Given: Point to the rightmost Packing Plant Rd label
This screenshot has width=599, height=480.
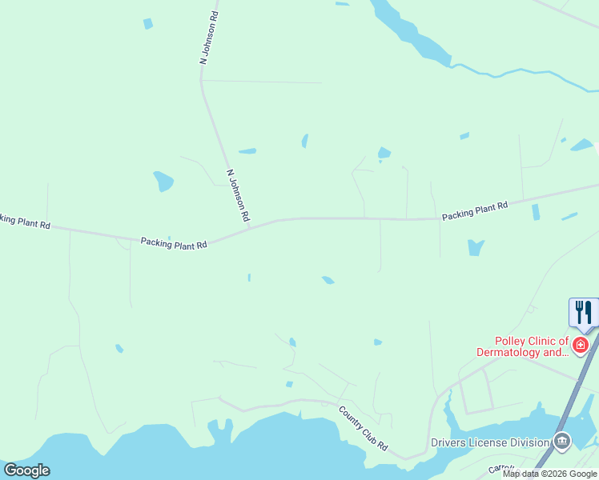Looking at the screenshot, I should click(475, 210).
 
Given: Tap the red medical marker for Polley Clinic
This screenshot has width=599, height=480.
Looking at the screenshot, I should click(581, 345).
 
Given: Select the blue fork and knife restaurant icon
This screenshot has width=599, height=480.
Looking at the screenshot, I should click(584, 312).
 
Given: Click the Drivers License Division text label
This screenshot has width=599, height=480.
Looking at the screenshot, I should click(489, 442).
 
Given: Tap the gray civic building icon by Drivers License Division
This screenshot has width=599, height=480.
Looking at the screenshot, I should click(562, 441).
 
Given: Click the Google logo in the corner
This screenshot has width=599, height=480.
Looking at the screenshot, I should click(26, 470).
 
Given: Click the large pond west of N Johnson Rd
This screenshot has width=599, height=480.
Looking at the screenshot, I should click(163, 182).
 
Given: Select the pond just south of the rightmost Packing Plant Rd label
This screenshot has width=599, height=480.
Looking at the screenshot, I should click(476, 247).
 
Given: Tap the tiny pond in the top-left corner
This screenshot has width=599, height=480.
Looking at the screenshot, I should click(147, 24).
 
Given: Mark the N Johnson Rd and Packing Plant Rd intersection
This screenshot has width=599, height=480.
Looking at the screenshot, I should click(249, 227).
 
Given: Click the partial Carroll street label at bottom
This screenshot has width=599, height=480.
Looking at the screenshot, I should click(500, 468).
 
